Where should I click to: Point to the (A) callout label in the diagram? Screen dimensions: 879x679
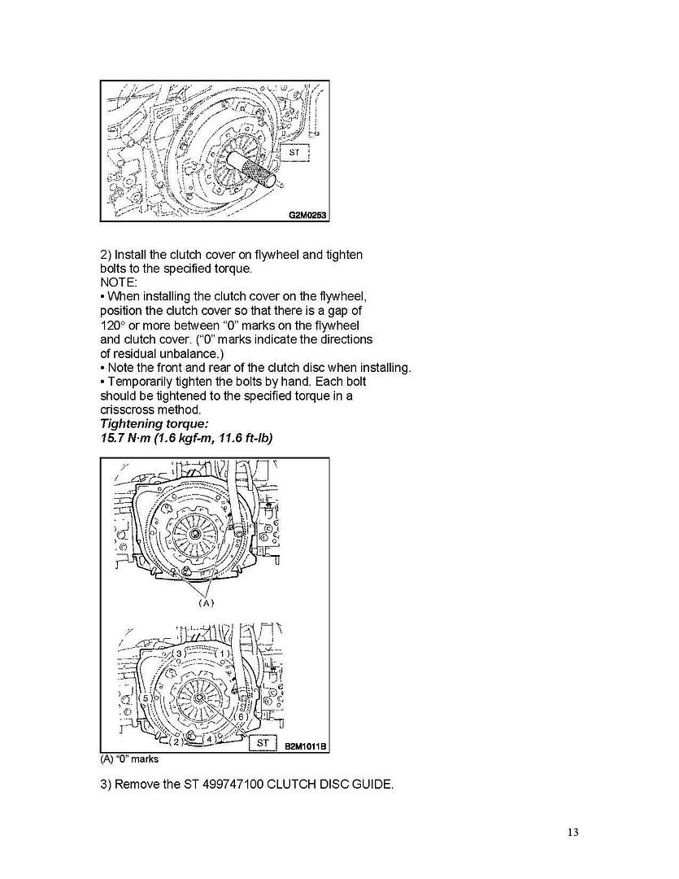[206, 603]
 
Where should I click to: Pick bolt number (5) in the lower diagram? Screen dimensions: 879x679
[146, 698]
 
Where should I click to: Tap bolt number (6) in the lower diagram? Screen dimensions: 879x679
[241, 716]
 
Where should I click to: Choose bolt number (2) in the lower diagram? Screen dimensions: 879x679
[175, 741]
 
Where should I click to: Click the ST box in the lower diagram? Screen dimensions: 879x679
[262, 743]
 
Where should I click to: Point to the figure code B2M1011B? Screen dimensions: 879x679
[304, 745]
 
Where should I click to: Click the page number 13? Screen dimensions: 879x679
[572, 832]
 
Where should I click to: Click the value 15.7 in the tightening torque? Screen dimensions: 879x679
[112, 438]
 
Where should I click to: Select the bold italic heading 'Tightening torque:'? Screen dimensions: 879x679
[146, 424]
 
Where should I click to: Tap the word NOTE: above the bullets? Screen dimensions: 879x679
[119, 282]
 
